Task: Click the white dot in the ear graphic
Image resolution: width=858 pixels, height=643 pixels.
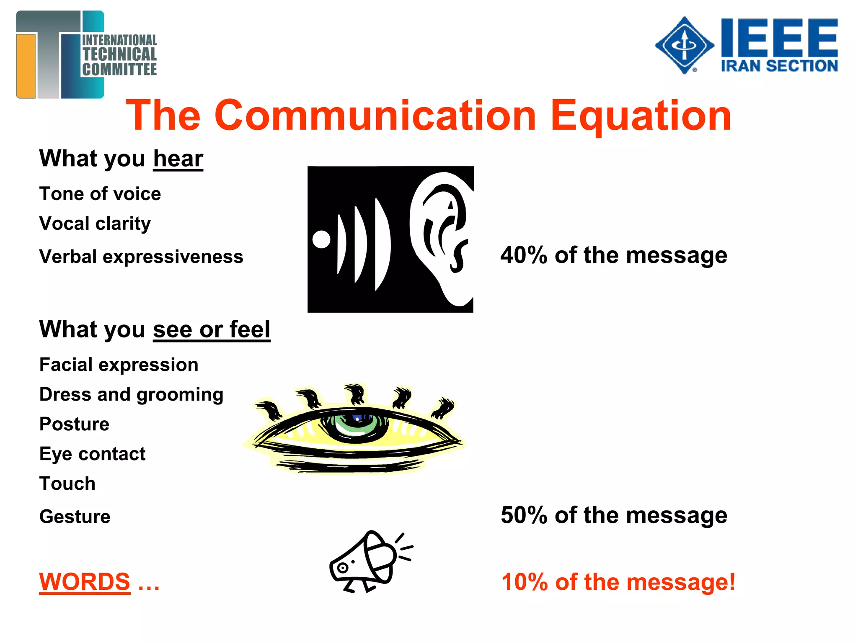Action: tap(321, 239)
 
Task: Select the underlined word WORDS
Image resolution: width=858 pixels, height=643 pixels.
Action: tap(85, 582)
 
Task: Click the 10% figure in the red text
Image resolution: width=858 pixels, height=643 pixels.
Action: tap(525, 582)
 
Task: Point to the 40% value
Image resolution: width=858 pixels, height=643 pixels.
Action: tap(524, 255)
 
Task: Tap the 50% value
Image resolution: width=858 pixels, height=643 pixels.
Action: tap(524, 515)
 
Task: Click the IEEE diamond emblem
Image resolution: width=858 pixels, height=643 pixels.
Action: tap(685, 45)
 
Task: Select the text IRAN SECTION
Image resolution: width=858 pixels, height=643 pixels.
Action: tap(779, 66)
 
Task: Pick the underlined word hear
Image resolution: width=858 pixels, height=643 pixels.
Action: tap(178, 159)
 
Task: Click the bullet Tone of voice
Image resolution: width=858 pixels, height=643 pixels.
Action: tap(100, 194)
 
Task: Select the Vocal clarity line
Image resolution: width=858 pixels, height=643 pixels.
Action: tap(95, 224)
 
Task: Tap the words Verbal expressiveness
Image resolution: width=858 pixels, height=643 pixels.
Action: tap(141, 257)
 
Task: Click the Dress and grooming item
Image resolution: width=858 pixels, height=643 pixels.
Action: tap(131, 395)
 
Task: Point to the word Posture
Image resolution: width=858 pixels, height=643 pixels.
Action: tap(75, 424)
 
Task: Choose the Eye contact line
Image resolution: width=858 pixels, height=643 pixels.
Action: tap(93, 454)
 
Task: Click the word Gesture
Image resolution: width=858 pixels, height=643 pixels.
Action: tap(75, 517)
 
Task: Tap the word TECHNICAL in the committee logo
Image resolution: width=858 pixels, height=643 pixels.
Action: tap(120, 54)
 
